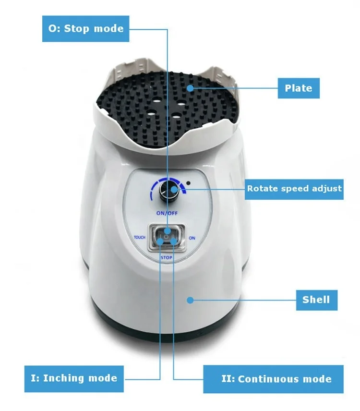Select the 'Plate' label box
[298, 88]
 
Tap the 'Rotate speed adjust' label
[294, 188]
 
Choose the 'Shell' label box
[316, 300]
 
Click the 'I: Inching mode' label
[74, 378]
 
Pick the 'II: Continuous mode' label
[276, 379]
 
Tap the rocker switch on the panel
[166, 236]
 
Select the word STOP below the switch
[166, 257]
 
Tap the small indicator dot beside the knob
[192, 183]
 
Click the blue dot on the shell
[190, 300]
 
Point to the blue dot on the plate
[191, 88]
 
